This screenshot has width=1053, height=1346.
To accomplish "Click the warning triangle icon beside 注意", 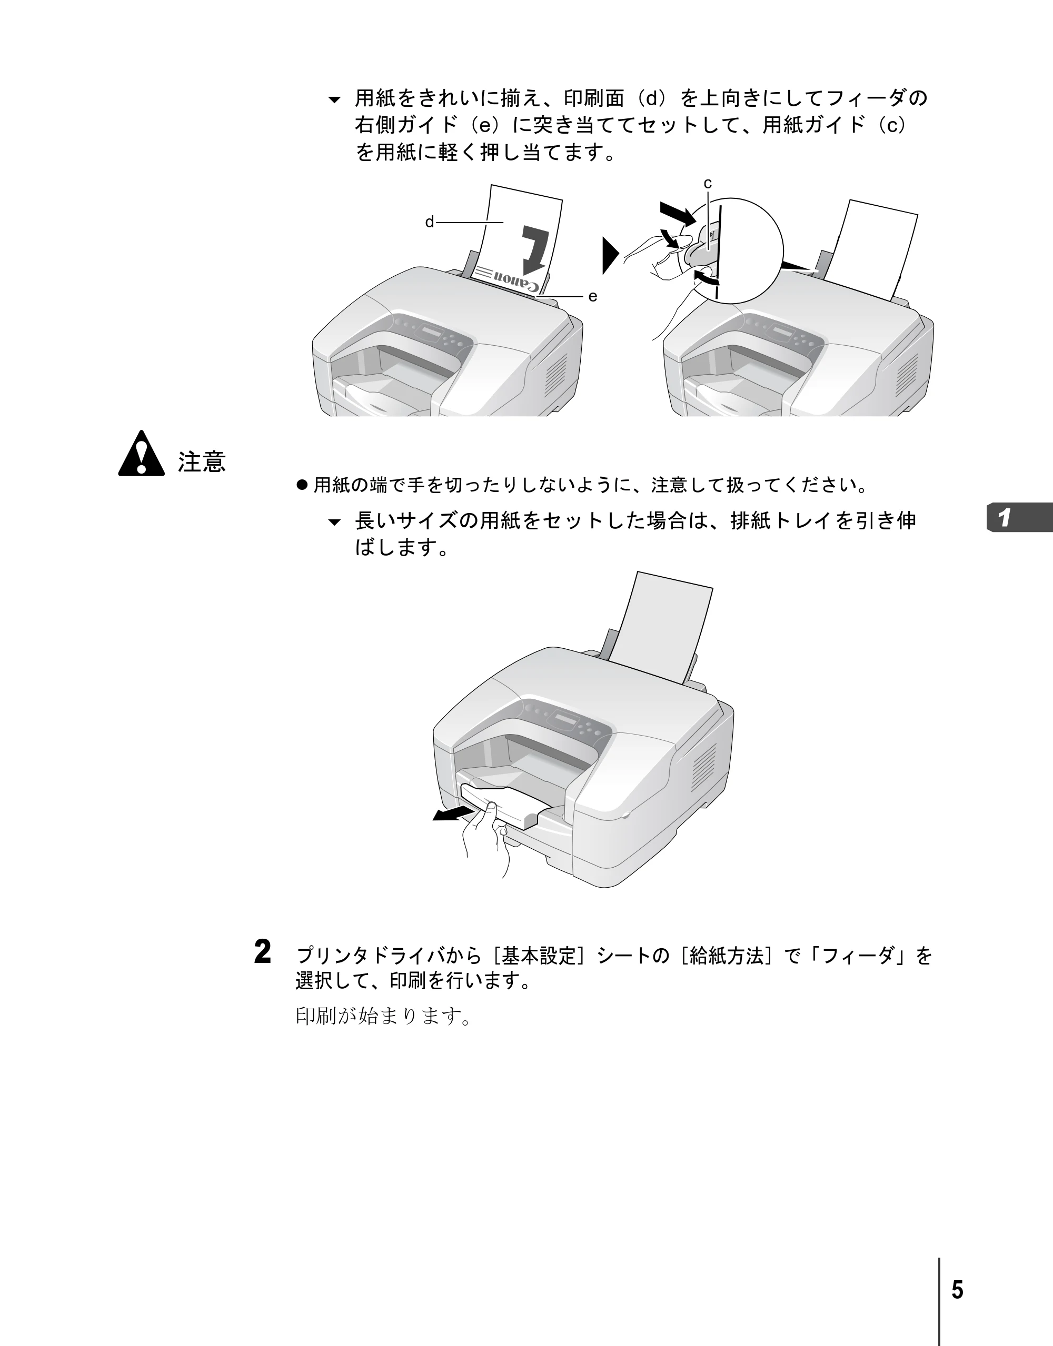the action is pyautogui.click(x=141, y=454).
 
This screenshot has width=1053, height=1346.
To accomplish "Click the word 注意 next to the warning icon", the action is pyautogui.click(x=202, y=461).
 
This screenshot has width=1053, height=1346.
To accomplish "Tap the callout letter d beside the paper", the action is pyautogui.click(x=430, y=222).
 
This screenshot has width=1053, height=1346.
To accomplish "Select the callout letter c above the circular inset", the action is pyautogui.click(x=708, y=184).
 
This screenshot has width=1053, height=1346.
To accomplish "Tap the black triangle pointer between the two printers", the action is pyautogui.click(x=610, y=255).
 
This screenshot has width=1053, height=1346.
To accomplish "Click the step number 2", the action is pyautogui.click(x=262, y=952).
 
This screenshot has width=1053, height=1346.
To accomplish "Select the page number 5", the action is pyautogui.click(x=957, y=1290).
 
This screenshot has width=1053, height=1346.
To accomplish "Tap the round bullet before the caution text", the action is pyautogui.click(x=302, y=485).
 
